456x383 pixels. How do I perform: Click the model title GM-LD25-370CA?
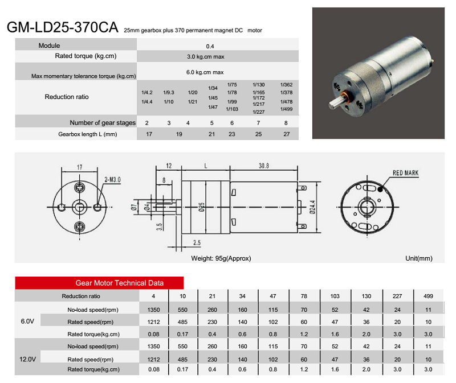[x=62, y=27]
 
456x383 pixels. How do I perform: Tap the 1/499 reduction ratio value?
[x=286, y=109]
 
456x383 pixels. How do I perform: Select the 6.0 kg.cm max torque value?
[x=205, y=72]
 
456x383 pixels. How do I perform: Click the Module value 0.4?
[x=210, y=46]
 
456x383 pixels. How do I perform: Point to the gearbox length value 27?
[x=287, y=134]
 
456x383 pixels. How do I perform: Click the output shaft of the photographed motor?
[x=337, y=102]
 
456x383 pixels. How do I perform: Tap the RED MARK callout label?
[x=405, y=173]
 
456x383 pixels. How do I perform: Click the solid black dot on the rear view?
[x=380, y=190]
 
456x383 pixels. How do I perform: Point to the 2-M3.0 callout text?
[x=112, y=180]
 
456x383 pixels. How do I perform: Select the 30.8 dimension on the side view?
[x=264, y=166]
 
